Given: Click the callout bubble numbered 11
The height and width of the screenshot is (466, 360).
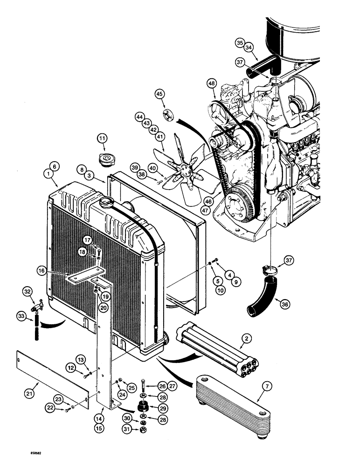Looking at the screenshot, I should click(102, 139).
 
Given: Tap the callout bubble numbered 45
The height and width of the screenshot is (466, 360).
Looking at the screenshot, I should click(161, 95).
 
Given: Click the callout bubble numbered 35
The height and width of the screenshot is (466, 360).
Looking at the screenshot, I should click(240, 43).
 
